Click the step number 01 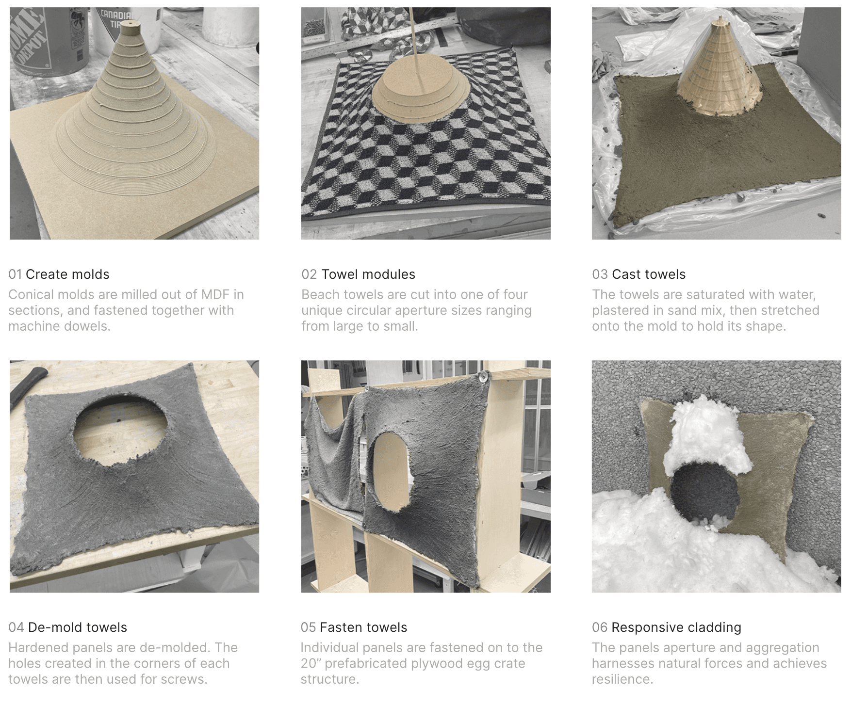pyautogui.click(x=15, y=274)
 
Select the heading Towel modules pyautogui.click(x=368, y=274)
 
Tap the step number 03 pyautogui.click(x=600, y=274)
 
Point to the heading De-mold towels pyautogui.click(x=78, y=627)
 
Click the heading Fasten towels pyautogui.click(x=363, y=627)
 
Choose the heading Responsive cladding pyautogui.click(x=676, y=627)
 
